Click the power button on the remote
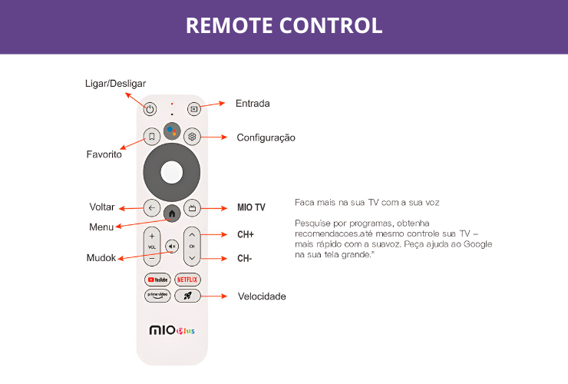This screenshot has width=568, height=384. click(150, 109)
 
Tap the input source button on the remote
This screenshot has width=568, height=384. click(193, 109)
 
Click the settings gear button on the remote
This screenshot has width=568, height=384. click(192, 137)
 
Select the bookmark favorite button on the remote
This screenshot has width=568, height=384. click(151, 137)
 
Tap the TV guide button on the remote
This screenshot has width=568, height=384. click(193, 207)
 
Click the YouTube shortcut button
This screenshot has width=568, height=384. click(157, 280)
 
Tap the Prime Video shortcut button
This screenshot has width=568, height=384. click(157, 295)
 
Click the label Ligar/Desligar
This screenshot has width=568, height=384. click(114, 83)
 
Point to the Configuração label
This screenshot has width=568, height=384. click(266, 137)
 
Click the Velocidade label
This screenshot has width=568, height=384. click(262, 296)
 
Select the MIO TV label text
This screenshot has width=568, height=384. click(251, 207)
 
